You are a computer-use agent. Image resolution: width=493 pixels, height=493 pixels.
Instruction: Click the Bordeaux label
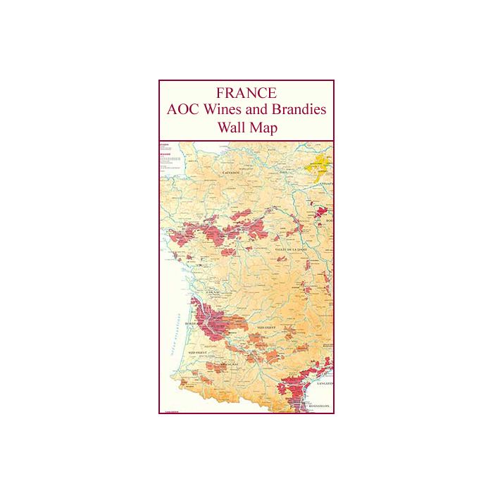[x=194, y=325]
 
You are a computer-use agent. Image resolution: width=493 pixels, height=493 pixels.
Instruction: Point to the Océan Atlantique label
[x=171, y=338]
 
